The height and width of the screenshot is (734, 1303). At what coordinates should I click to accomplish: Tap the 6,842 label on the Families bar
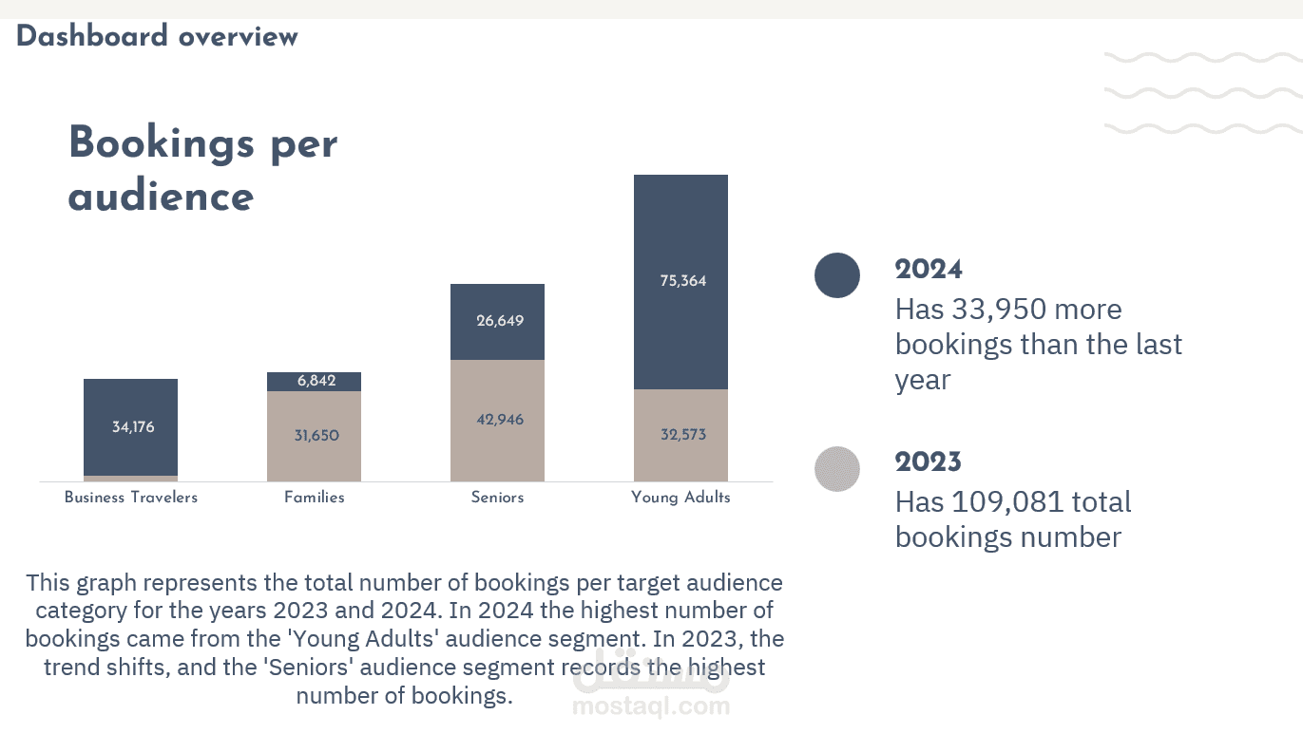[x=315, y=381]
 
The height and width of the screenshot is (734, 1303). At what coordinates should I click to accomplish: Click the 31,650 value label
[x=315, y=436]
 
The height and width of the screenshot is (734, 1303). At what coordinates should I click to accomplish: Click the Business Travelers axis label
[x=131, y=498]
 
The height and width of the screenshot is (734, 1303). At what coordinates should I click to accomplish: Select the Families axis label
[x=315, y=498]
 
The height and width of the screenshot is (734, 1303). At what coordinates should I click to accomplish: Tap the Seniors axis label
[x=497, y=498]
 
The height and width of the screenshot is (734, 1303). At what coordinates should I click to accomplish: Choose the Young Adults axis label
[x=680, y=498]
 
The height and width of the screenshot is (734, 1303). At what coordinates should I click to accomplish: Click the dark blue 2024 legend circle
[x=837, y=275]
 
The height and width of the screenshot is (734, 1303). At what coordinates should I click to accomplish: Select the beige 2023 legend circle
[x=837, y=469]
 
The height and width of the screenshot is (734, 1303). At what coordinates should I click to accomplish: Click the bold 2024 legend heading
[x=929, y=270]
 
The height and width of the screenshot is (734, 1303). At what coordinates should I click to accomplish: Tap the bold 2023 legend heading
[x=929, y=462]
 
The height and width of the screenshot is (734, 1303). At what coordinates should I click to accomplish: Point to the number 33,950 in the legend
[x=1007, y=310]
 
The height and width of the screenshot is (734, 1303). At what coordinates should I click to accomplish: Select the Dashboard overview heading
[x=157, y=37]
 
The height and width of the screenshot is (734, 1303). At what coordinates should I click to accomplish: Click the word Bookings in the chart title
[x=163, y=144]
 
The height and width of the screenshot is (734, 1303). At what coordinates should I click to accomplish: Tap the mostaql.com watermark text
[x=652, y=706]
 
